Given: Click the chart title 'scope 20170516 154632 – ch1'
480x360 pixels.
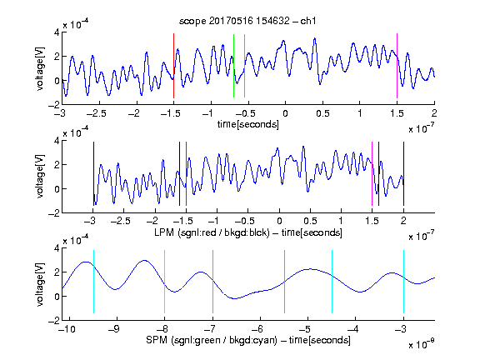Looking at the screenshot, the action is pos(247,21).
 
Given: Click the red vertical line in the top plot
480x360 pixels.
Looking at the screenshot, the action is pos(173,66).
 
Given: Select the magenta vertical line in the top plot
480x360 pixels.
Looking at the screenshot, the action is pos(397,66).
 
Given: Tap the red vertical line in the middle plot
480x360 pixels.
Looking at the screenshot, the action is pos(186,174).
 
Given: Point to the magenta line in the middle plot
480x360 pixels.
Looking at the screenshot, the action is pos(372,174).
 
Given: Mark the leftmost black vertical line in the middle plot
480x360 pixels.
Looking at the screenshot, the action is pos(93,174).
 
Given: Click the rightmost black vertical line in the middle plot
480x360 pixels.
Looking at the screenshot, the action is pos(403,174).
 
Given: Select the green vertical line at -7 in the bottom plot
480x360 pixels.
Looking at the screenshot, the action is pos(212,282).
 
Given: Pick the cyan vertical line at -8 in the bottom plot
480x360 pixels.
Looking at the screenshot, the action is pos(165,282).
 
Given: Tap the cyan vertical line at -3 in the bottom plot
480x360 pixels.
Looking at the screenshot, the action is pos(403,282).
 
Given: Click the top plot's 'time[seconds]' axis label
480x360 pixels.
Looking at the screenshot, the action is pos(248,124).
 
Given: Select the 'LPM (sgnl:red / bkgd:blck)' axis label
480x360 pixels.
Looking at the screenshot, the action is pos(212,232).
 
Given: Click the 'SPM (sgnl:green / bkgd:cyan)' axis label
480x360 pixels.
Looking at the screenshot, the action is pos(212,340).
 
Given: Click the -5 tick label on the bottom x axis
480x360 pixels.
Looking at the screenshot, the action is pos(305,329).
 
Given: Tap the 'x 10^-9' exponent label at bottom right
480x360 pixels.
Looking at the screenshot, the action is pos(421,344).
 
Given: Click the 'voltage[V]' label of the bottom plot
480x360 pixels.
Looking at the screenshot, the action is pos(40,284).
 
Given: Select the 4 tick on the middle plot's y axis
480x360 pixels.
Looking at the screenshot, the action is pos(57,141).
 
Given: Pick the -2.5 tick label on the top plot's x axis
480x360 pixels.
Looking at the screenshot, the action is pos(96,113).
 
